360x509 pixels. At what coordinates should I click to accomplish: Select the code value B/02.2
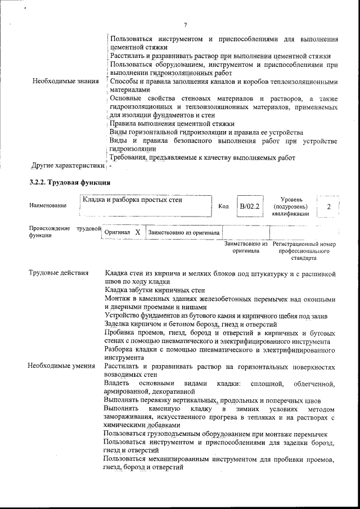click(248, 206)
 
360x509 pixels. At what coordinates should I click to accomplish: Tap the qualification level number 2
click(328, 206)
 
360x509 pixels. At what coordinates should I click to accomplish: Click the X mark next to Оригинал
click(137, 232)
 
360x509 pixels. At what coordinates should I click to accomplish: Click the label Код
click(223, 206)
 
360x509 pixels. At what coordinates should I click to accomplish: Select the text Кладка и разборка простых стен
click(133, 199)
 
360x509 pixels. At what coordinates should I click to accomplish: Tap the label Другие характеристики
click(67, 166)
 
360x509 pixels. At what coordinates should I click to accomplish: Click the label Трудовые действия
click(58, 273)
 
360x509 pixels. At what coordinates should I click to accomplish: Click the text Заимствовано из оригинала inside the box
click(184, 232)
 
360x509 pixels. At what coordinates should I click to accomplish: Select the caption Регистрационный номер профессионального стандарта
click(304, 251)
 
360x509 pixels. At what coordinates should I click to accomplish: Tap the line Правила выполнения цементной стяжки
click(172, 124)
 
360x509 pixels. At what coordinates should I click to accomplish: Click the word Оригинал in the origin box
click(118, 232)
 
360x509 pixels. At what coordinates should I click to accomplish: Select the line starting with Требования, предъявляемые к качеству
click(201, 158)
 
